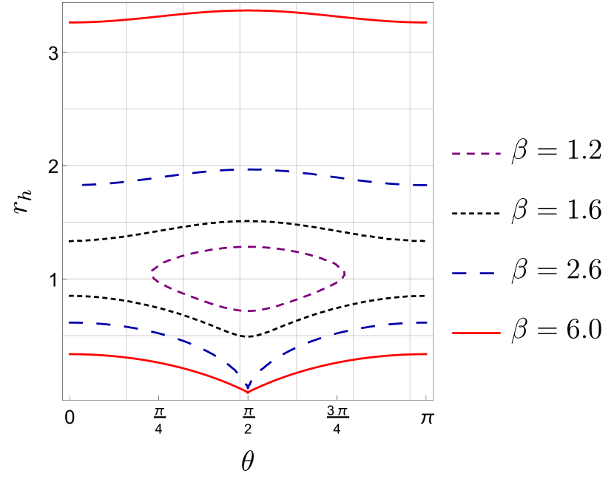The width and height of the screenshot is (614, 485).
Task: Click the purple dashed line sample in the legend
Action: tap(476, 154)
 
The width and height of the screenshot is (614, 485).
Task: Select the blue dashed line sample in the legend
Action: tap(473, 274)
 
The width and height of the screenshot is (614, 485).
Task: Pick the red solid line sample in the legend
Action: tap(476, 333)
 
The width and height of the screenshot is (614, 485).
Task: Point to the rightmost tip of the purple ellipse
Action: tap(345, 274)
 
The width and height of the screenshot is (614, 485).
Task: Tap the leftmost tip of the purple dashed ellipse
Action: tap(152, 272)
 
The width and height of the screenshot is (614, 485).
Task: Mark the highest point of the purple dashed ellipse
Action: tap(248, 247)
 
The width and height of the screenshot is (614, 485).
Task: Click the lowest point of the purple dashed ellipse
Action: tap(248, 311)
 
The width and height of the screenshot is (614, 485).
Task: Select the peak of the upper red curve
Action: tap(247, 10)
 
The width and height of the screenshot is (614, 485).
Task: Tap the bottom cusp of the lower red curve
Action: tap(248, 393)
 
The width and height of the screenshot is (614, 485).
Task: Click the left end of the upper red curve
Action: tap(70, 22)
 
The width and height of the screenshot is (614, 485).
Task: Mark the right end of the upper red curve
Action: tap(427, 22)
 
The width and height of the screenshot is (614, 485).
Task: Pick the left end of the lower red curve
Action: tap(70, 354)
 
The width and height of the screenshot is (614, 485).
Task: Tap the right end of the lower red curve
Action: tap(427, 354)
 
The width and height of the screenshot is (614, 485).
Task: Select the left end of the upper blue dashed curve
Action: tap(83, 184)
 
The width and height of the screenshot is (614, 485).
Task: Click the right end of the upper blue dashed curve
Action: tap(427, 185)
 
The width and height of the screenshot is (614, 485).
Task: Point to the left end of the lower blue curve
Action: tap(70, 322)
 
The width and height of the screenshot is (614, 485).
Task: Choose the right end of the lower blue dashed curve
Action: tap(427, 322)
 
